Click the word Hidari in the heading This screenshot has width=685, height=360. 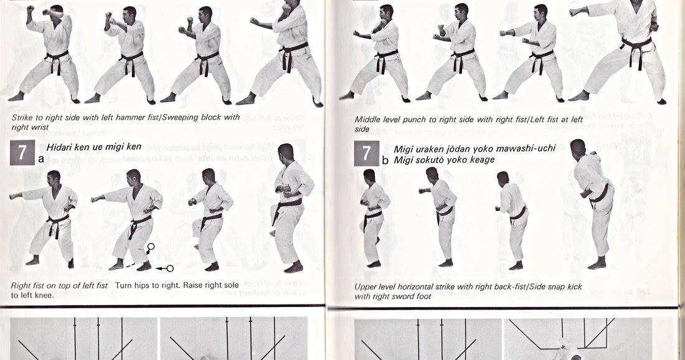pos(60,147)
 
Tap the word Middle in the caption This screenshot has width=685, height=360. pos(369,120)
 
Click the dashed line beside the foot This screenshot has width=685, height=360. pos(130,265)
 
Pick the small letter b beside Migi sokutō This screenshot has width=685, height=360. pos(385,160)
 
